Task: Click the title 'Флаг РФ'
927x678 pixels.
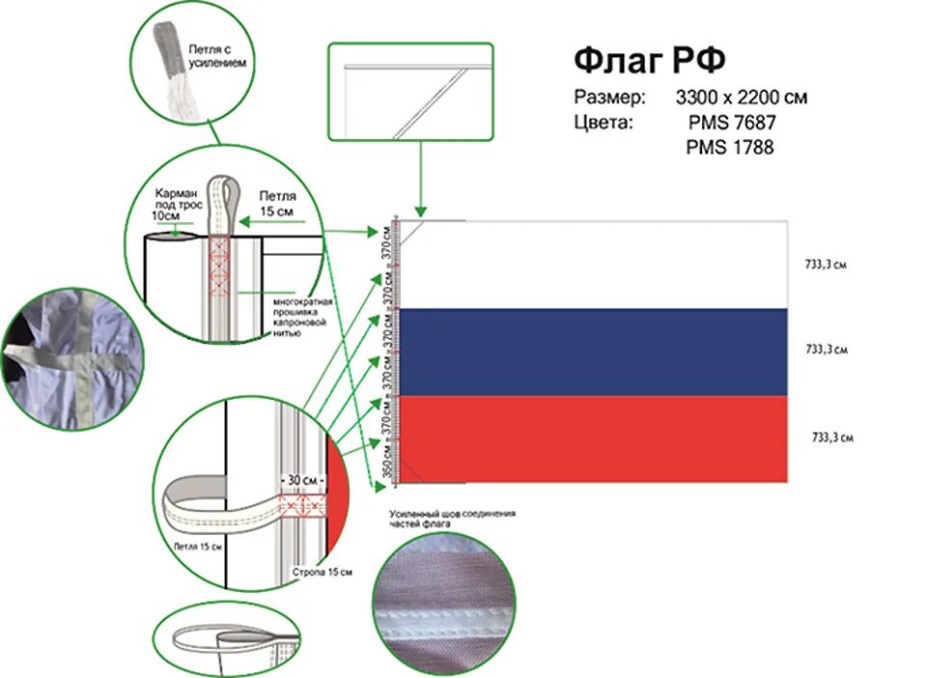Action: coord(649,60)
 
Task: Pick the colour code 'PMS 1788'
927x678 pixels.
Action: coord(730,148)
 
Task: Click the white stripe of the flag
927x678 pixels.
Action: coord(594,264)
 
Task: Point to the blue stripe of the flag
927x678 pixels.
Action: coord(594,352)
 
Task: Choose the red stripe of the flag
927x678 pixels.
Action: coord(594,438)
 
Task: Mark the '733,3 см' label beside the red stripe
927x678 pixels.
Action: coord(831,438)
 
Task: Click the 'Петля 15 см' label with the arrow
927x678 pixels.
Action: coord(278,202)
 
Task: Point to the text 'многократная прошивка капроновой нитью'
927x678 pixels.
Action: coord(302,317)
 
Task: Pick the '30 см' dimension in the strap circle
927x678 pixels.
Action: coord(303,479)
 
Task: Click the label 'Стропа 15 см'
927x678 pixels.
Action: coord(322,572)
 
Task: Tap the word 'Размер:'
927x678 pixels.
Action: coord(608,98)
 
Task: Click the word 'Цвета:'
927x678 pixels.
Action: coord(604,123)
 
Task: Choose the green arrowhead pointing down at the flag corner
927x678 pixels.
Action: coord(419,211)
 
